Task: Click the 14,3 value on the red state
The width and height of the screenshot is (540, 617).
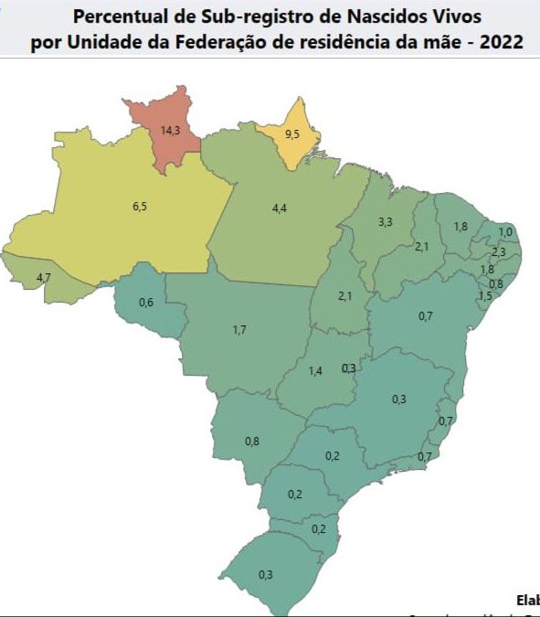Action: click(169, 131)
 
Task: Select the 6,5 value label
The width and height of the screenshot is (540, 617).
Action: click(140, 207)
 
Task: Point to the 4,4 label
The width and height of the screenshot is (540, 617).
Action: click(280, 209)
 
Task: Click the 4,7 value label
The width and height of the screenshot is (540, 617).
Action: click(43, 277)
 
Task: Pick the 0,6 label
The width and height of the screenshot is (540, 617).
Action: click(145, 303)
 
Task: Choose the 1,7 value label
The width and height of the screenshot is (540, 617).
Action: click(239, 329)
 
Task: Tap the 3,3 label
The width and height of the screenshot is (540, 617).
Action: click(385, 222)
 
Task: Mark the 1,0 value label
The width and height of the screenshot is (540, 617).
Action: click(505, 232)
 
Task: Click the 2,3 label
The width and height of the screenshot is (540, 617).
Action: click(498, 252)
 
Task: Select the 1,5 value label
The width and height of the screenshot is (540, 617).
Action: click(485, 296)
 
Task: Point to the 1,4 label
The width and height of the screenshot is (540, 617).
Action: click(316, 371)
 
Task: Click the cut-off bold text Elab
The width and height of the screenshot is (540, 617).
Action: click(527, 601)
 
